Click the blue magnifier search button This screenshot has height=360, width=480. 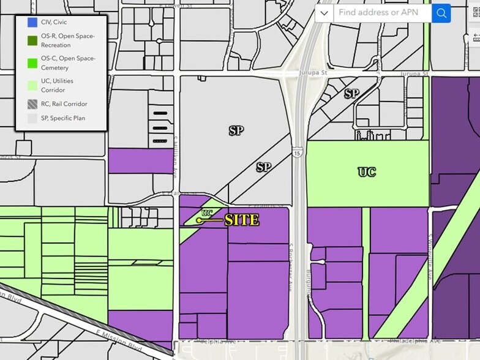click(x=441, y=13)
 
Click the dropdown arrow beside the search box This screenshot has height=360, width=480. click(x=324, y=13)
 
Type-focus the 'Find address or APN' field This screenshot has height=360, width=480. click(x=382, y=13)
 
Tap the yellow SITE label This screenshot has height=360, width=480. click(x=242, y=220)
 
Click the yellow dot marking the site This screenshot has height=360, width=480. click(x=199, y=220)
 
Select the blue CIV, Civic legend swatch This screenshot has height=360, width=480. click(x=32, y=23)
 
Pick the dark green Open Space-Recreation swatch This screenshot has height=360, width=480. click(x=32, y=40)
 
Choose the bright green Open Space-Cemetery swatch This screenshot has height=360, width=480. click(x=32, y=62)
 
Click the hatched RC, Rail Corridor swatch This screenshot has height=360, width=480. click(x=32, y=104)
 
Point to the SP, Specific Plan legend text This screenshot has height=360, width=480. click(x=64, y=118)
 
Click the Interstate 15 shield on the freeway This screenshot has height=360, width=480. click(x=297, y=154)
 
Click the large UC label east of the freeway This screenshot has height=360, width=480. click(x=367, y=172)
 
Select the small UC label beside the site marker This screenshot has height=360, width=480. click(x=207, y=213)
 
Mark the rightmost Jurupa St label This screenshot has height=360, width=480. click(x=413, y=73)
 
